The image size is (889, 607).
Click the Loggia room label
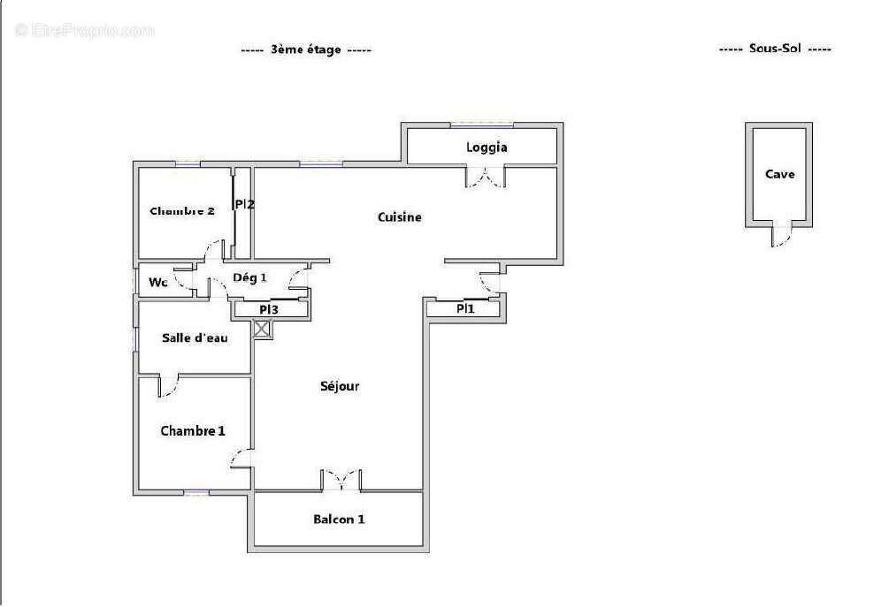486,148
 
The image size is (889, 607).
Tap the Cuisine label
399,217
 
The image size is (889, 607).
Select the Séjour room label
340,386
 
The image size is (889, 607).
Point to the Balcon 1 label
339,520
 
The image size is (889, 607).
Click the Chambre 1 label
192,431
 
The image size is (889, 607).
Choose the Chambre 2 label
182,211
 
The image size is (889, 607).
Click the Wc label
158,283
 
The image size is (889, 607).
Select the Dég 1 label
249,277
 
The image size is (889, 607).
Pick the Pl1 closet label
465,309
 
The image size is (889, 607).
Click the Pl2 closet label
245,205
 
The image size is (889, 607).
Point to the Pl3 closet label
269,309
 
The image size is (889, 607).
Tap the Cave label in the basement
779,174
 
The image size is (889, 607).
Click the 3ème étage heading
306,50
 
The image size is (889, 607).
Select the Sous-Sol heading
775,49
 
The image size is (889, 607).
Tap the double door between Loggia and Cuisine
487,179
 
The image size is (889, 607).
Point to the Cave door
778,235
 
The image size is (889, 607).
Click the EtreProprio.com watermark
85,30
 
